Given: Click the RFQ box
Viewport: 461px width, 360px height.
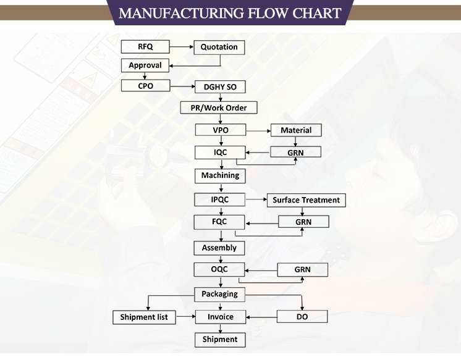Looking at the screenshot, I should pyautogui.click(x=145, y=46).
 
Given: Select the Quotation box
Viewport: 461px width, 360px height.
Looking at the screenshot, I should pyautogui.click(x=219, y=47).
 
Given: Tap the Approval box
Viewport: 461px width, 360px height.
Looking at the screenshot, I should pyautogui.click(x=145, y=65).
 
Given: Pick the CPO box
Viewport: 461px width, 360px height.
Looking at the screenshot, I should pyautogui.click(x=145, y=86).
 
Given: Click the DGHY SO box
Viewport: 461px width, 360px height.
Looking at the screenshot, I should pyautogui.click(x=220, y=87).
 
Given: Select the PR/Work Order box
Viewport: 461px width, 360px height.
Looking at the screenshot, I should pyautogui.click(x=219, y=108).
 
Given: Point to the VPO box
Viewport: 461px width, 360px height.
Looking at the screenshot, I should pyautogui.click(x=221, y=130).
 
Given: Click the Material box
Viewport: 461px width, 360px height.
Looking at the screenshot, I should pyautogui.click(x=296, y=130).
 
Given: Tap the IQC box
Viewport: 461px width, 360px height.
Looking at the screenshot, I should pyautogui.click(x=220, y=152).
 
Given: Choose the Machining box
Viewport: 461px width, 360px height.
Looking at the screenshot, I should pyautogui.click(x=220, y=175).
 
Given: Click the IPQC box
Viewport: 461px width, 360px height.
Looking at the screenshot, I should pyautogui.click(x=220, y=199).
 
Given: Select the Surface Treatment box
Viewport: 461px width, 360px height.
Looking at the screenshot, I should pyautogui.click(x=306, y=200).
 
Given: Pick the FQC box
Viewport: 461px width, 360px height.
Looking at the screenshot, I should pyautogui.click(x=220, y=221).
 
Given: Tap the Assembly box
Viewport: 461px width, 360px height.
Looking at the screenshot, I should pyautogui.click(x=219, y=248).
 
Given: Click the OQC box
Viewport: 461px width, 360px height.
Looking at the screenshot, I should pyautogui.click(x=220, y=269).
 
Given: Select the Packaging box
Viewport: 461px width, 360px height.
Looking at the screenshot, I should pyautogui.click(x=219, y=294).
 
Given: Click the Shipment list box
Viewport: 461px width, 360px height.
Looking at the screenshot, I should pyautogui.click(x=145, y=317).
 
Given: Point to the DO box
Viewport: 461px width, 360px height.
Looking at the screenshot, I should pyautogui.click(x=302, y=317).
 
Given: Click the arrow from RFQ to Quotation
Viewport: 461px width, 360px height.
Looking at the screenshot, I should pyautogui.click(x=182, y=46).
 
